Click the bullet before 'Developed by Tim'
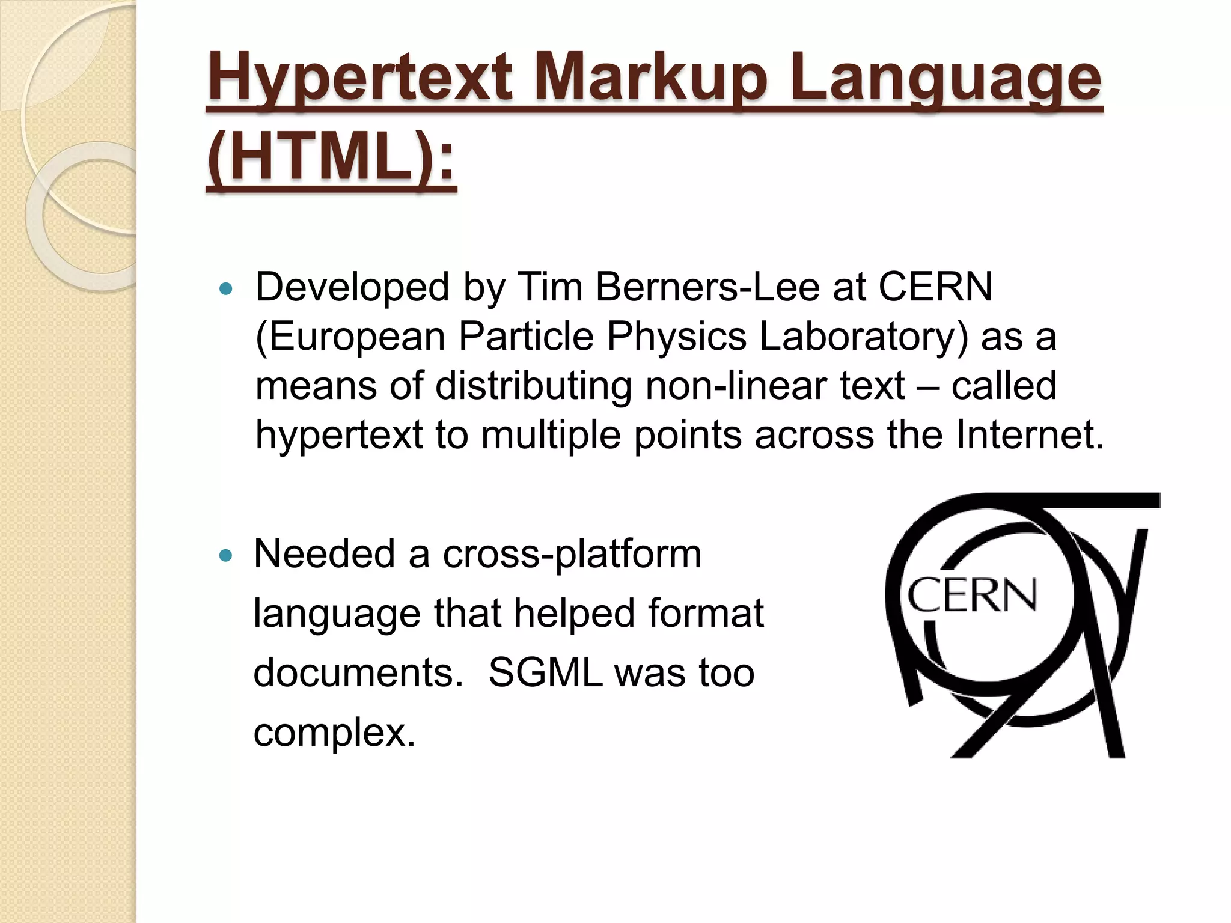[x=226, y=290]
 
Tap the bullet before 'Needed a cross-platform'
[x=226, y=556]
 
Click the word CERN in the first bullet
[x=935, y=287]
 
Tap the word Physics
[x=676, y=336]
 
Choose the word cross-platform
[x=572, y=554]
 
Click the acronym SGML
[x=546, y=672]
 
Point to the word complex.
[x=334, y=733]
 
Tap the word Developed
[x=352, y=287]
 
